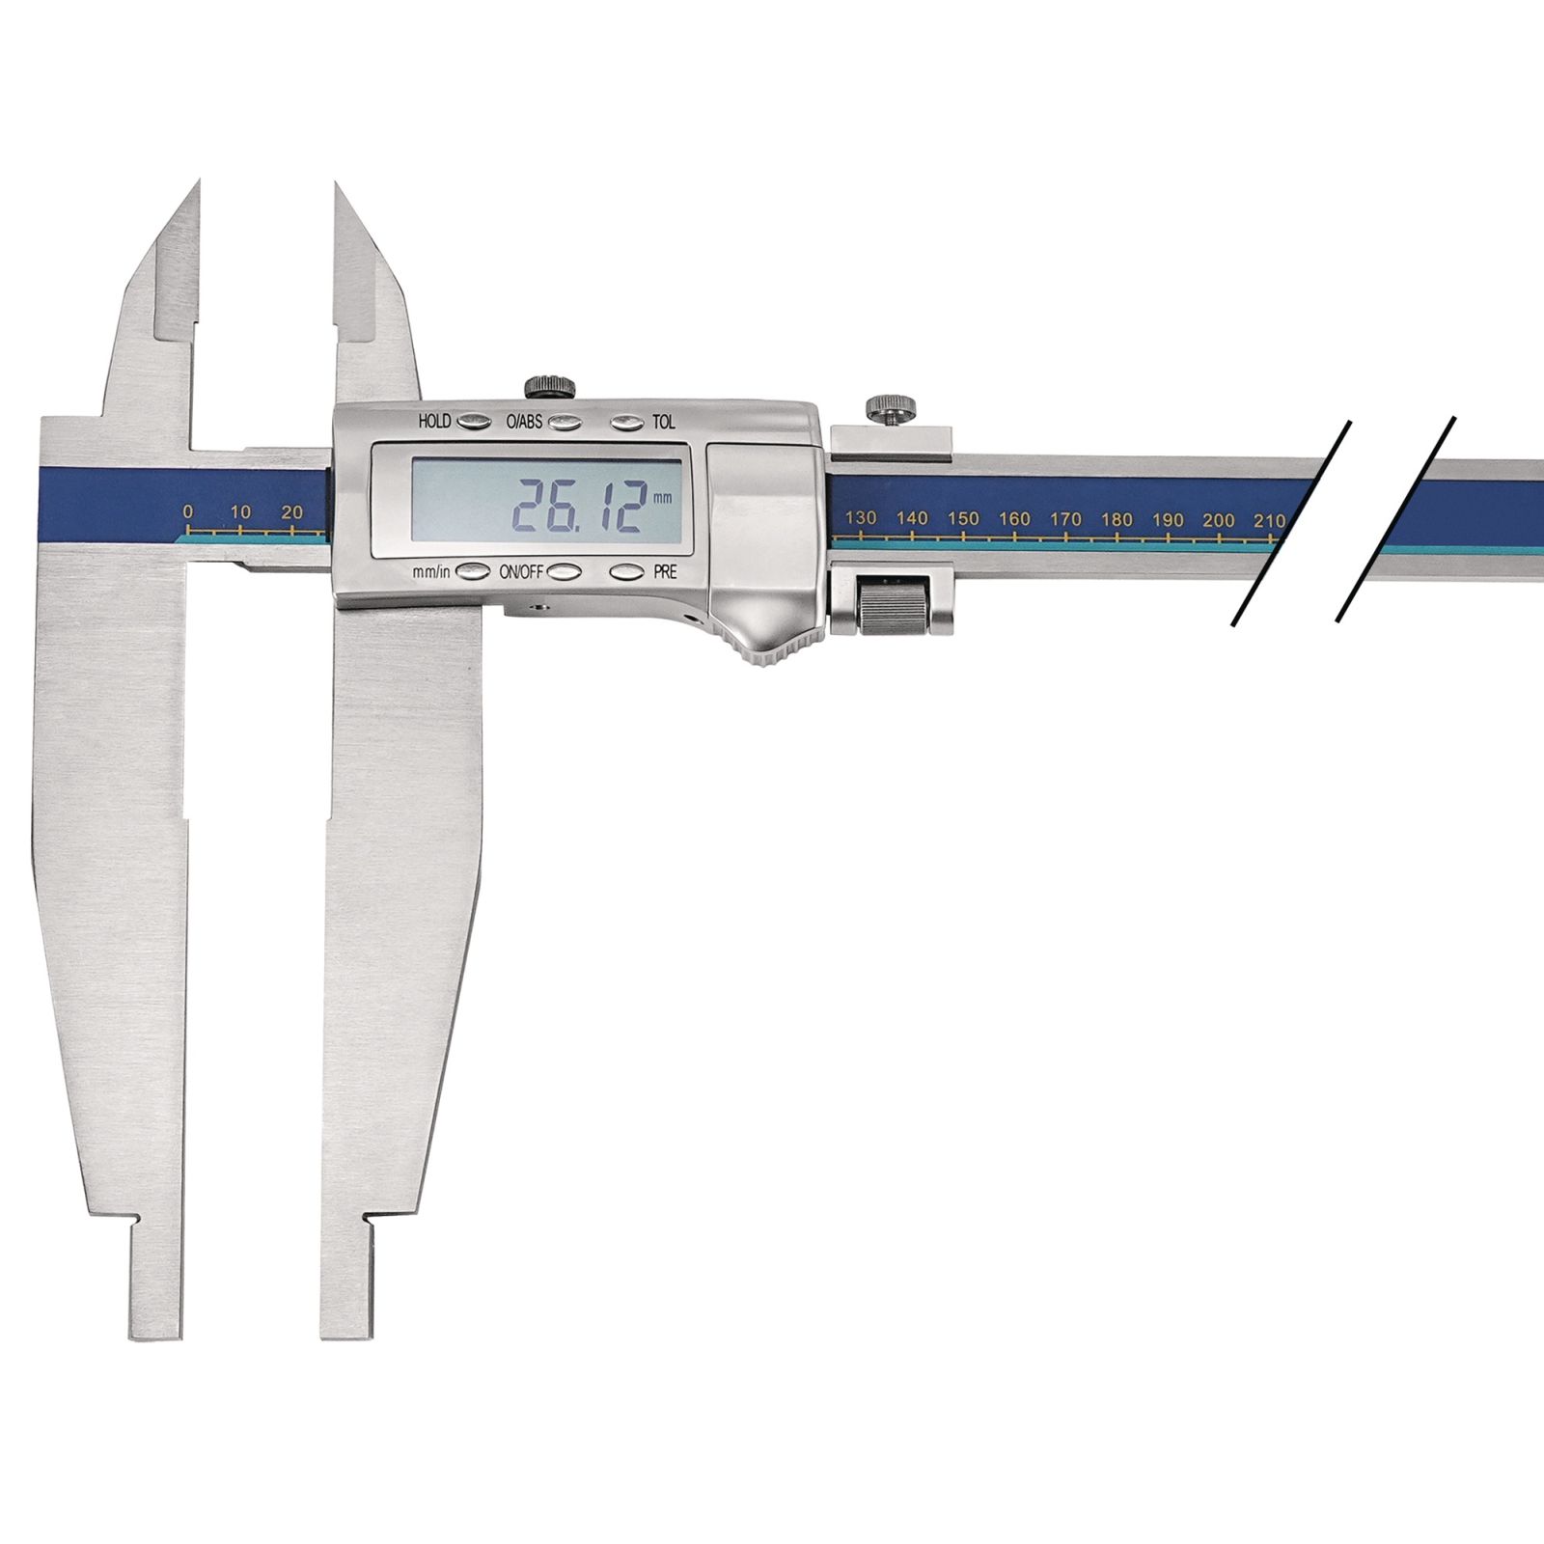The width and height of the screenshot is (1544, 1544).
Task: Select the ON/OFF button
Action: click(565, 571)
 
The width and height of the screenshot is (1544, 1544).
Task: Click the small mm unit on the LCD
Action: click(661, 499)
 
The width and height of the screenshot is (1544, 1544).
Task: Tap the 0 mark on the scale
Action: click(187, 511)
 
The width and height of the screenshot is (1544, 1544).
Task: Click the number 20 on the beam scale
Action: click(291, 512)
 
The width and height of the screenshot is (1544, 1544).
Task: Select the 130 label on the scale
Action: click(861, 517)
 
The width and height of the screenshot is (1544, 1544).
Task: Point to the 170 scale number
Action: click(1065, 519)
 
